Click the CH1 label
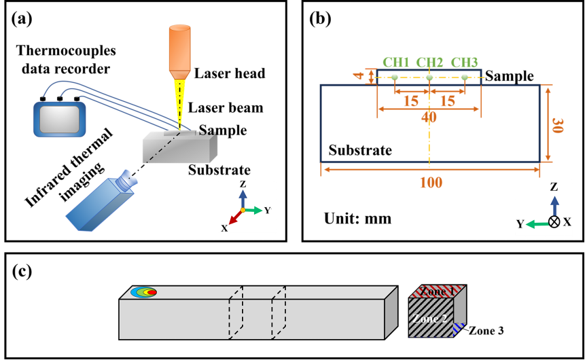point(396,62)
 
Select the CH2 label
point(429,62)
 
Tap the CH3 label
point(464,62)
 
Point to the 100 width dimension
point(430,183)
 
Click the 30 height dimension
point(557,125)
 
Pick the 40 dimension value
point(429,117)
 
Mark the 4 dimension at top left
point(358,75)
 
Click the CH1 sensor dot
point(394,77)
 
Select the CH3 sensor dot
point(465,77)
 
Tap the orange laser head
point(179,51)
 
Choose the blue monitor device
point(60,119)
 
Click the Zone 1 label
point(437,291)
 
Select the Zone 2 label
point(430,318)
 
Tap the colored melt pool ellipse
point(143,292)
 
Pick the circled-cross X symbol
point(554,221)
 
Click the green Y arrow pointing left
point(537,223)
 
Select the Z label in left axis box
point(243,184)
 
